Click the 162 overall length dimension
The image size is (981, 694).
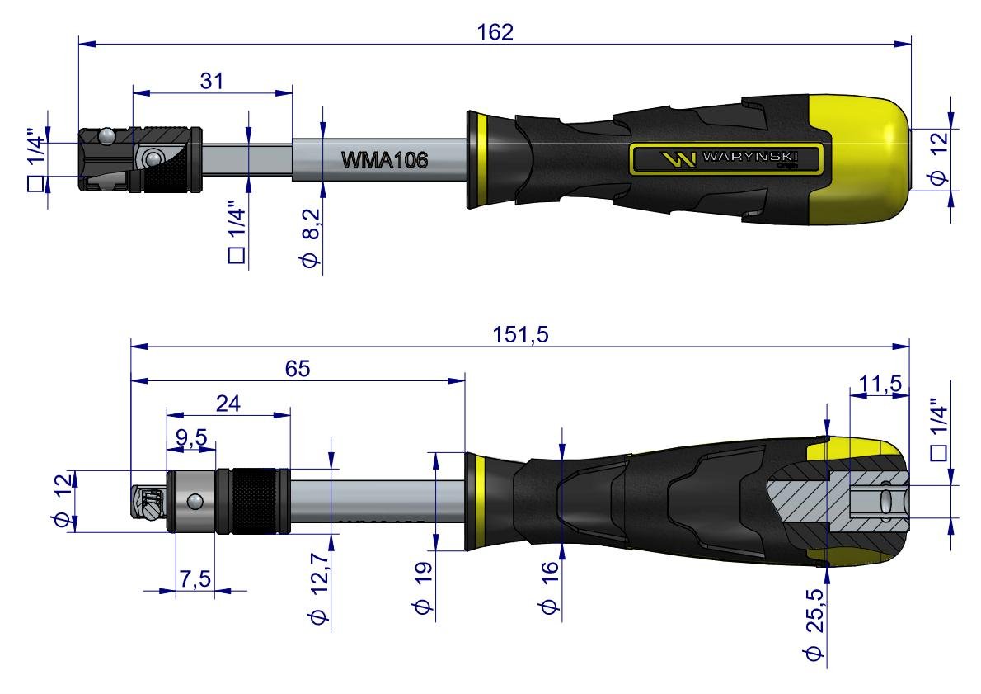pyautogui.click(x=495, y=31)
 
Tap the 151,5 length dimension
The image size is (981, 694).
pyautogui.click(x=520, y=334)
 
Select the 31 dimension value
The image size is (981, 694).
pyautogui.click(x=212, y=80)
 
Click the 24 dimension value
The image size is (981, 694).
pyautogui.click(x=228, y=404)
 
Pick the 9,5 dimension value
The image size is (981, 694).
pyautogui.click(x=190, y=437)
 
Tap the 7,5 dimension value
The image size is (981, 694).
pyautogui.click(x=195, y=580)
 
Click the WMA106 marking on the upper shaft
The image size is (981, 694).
pyautogui.click(x=386, y=161)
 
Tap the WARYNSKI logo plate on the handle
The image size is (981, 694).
pyautogui.click(x=726, y=158)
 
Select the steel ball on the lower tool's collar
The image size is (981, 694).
pyautogui.click(x=194, y=500)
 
